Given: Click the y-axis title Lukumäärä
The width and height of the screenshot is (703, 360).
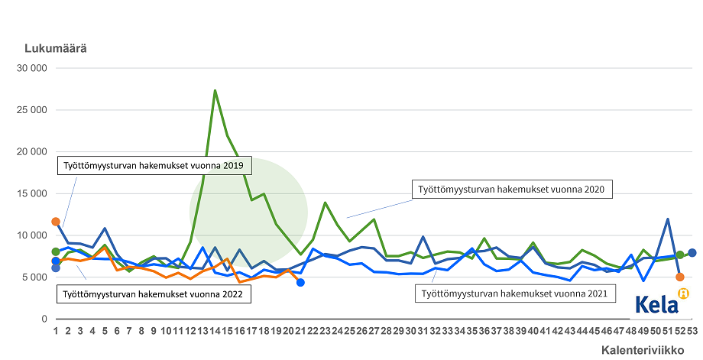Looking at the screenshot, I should coord(56,48).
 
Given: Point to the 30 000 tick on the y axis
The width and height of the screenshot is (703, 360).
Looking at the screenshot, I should coord(32,68).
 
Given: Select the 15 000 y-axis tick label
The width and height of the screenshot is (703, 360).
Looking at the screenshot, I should coord(32,193).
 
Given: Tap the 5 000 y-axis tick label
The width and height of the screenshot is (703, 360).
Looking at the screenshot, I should coord(35,277).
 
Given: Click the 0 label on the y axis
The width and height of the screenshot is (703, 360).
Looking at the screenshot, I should coord(44,319).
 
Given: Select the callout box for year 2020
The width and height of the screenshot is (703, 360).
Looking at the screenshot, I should coord(512,189).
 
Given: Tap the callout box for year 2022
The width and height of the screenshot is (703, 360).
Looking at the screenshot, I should coord(152,293).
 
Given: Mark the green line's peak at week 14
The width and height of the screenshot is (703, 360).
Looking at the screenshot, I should coord(215,90).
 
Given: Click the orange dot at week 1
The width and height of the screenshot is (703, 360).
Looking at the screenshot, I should coord(56,222).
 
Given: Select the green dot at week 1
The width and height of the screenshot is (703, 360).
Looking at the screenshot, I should coord(56,251).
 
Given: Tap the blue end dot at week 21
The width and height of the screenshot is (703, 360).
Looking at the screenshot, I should coord(300,283).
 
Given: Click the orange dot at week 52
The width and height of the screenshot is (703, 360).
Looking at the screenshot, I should coord(679,277).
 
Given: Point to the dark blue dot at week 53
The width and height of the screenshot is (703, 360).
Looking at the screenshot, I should coord(692,253).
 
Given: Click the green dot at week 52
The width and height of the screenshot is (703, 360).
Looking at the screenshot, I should coord(679,255).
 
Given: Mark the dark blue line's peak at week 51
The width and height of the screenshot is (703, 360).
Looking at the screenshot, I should coord(668,219).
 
